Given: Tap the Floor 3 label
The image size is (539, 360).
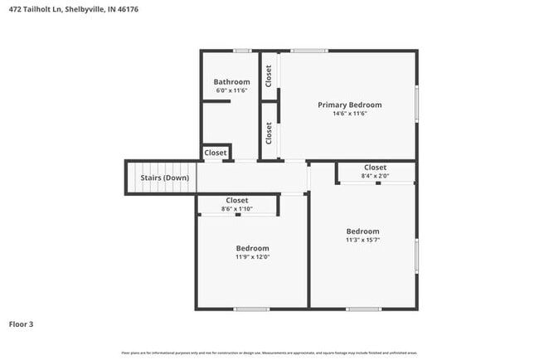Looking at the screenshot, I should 22,324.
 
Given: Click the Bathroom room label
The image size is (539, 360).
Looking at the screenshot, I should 231,82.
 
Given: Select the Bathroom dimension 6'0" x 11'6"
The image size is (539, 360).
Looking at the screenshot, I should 231,90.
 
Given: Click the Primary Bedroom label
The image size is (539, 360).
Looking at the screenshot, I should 350,105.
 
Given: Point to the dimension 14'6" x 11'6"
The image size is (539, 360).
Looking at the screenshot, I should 350,114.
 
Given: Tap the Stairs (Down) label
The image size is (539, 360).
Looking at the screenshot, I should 163,178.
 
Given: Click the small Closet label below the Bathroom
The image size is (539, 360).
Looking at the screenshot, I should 216,153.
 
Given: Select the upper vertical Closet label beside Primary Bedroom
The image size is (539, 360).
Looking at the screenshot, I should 269,75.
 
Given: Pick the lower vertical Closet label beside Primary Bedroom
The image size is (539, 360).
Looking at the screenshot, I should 269,133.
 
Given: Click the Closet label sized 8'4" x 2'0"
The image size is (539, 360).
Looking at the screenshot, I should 375,168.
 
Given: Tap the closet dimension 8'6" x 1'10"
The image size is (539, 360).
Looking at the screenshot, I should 237,209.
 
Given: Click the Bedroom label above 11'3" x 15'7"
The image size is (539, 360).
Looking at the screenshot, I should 362,231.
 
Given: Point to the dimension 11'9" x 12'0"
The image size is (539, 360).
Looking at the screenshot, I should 252,257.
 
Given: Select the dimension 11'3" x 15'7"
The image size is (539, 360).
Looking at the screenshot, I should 362,241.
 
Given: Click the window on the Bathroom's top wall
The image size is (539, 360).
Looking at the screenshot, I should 242,51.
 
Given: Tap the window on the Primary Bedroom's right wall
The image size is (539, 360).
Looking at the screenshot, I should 416,105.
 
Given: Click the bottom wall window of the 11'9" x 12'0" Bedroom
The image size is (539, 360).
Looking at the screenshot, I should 251,309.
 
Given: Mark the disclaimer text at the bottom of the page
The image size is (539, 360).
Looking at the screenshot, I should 269,353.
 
